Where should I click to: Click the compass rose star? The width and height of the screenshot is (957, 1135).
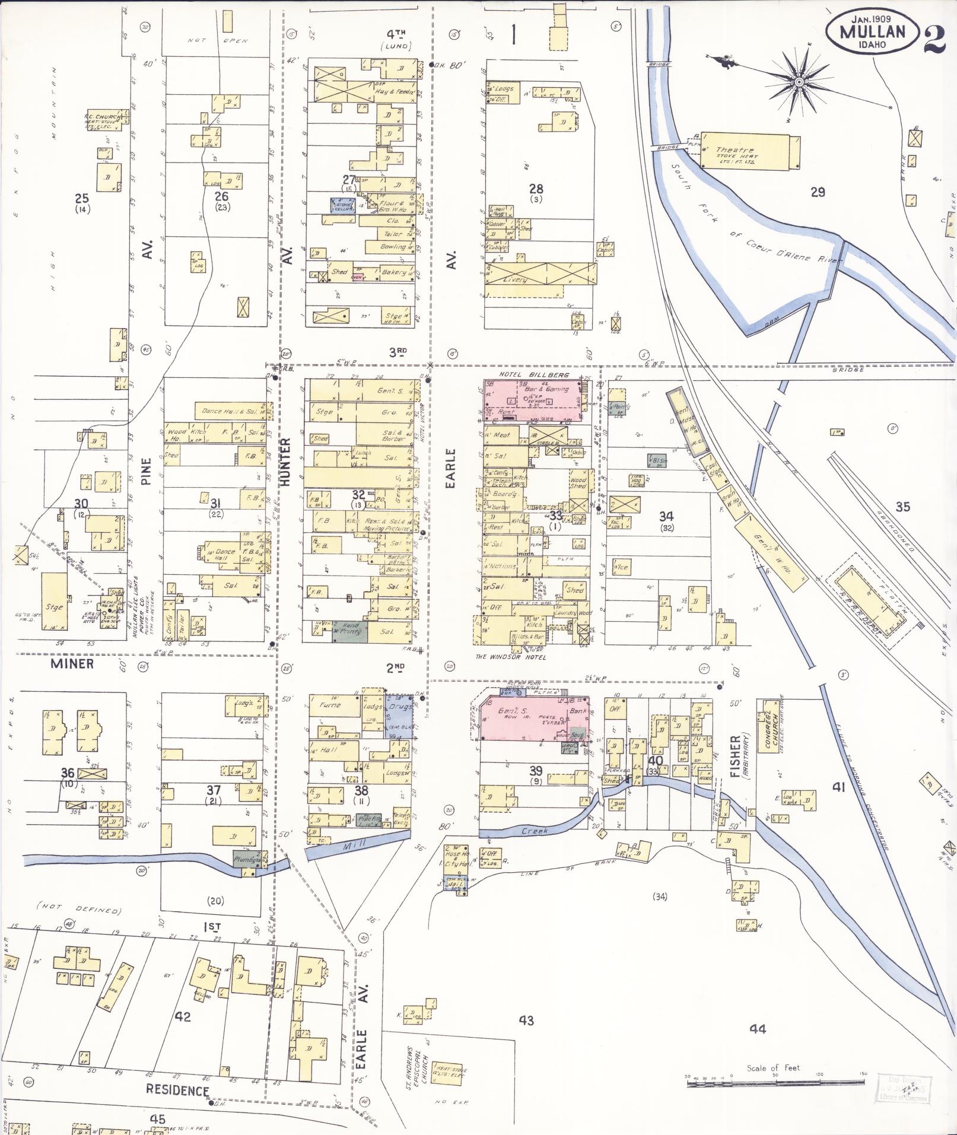[799, 81]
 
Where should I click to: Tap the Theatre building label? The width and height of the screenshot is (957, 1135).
[735, 151]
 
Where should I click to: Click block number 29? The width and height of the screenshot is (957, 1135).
[818, 192]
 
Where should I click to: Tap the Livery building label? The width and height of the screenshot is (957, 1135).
[514, 279]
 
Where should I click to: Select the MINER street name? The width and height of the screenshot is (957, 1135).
[72, 663]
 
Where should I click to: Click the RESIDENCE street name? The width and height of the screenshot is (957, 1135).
[177, 1091]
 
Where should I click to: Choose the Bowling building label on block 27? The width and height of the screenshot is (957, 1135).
[392, 246]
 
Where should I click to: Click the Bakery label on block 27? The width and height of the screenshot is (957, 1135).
[393, 272]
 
